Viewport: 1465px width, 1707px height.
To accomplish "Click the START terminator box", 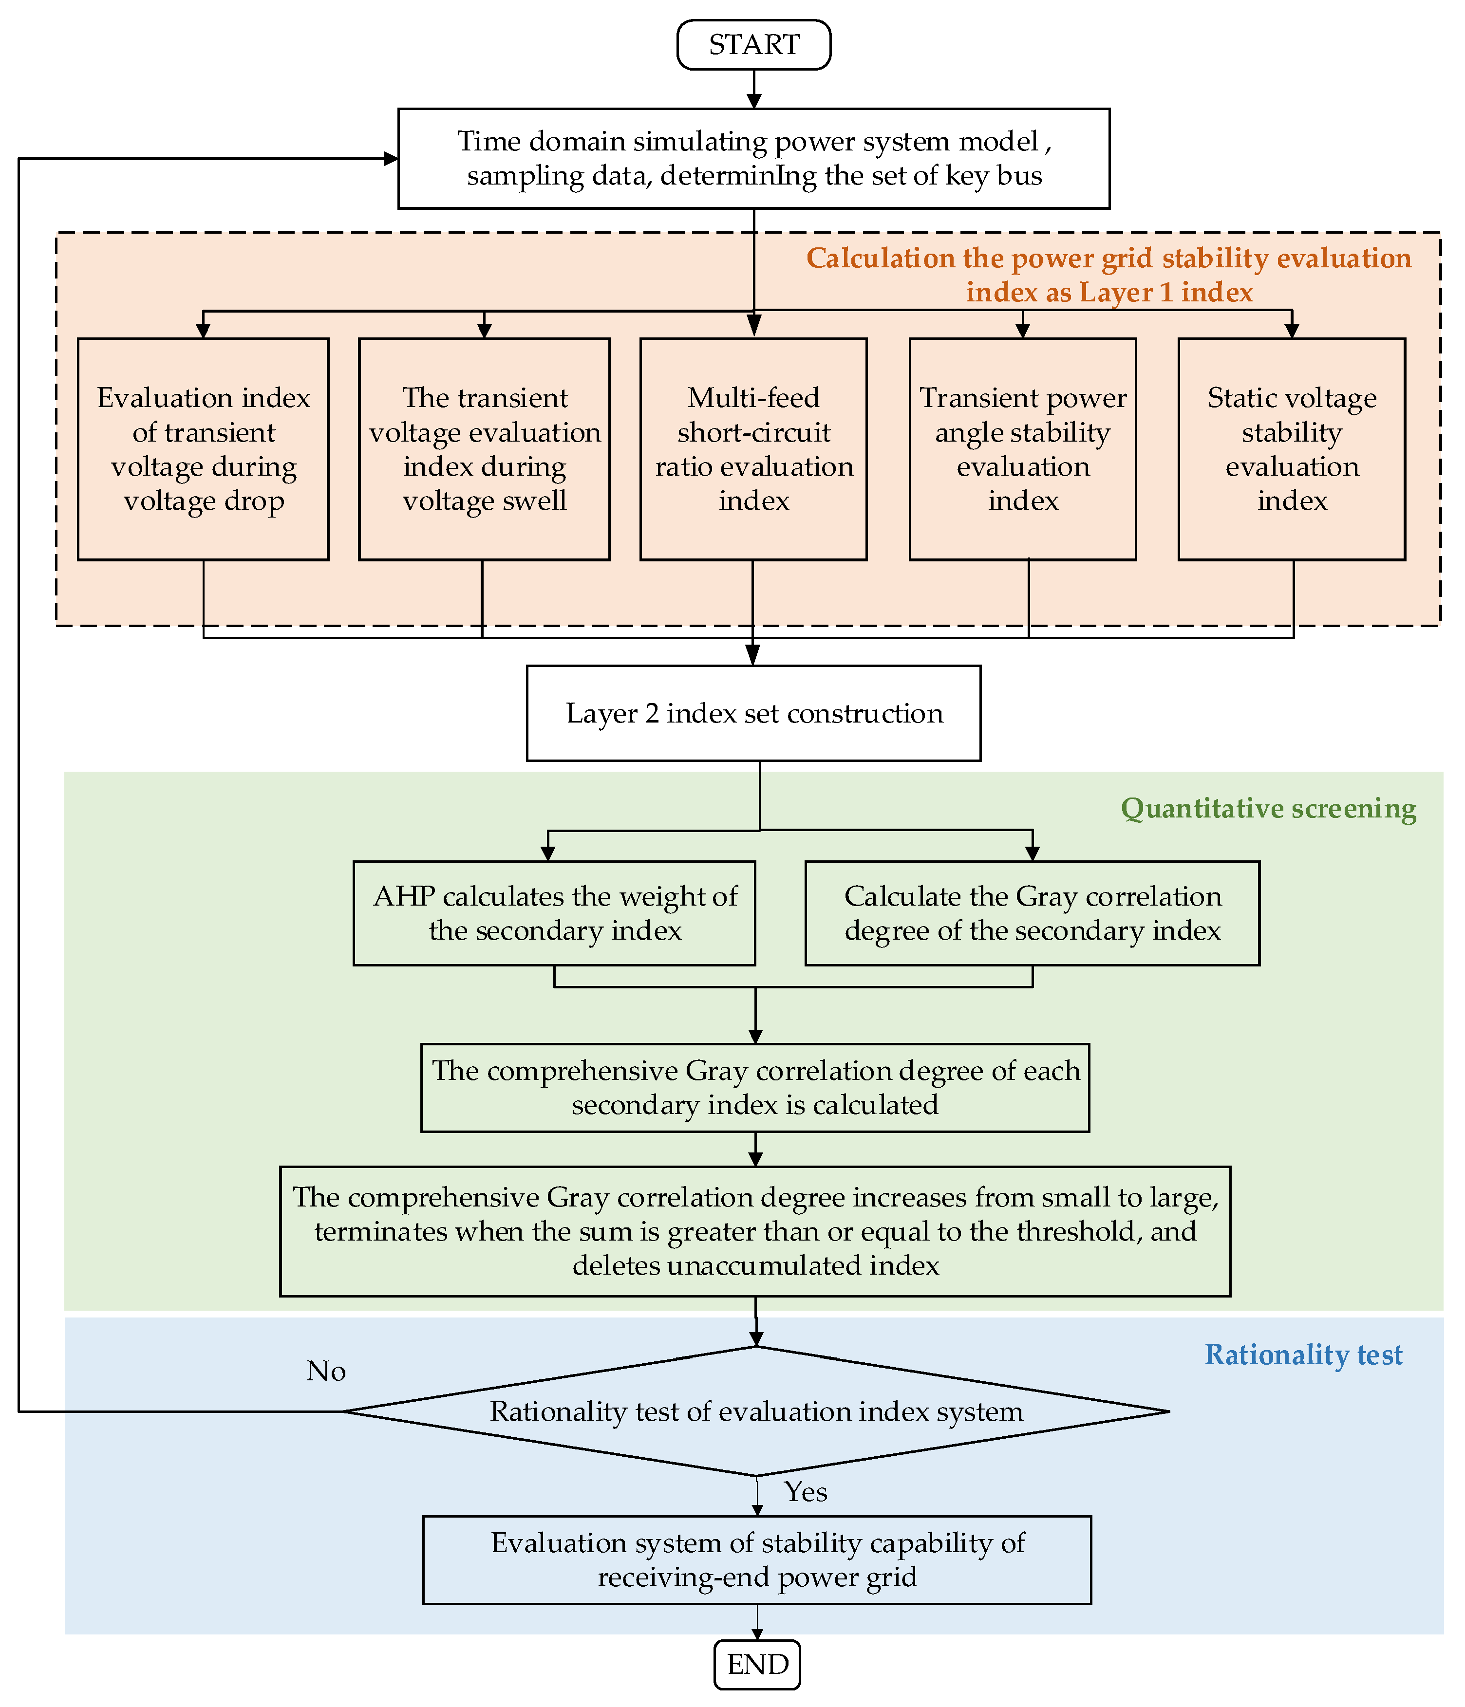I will [753, 44].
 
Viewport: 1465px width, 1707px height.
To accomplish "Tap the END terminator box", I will [756, 1664].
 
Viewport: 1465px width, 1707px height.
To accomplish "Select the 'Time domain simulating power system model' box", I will [753, 158].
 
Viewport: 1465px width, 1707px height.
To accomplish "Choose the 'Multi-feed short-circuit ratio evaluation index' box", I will [753, 449].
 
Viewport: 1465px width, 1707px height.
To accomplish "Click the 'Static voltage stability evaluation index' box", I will [1291, 449].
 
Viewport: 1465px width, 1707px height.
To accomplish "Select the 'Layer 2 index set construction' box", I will [753, 713].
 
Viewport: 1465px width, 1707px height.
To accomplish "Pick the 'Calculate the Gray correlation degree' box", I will [1032, 913].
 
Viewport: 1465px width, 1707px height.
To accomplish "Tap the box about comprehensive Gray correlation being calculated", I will [755, 1088].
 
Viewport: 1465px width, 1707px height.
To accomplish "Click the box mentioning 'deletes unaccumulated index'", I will [755, 1231].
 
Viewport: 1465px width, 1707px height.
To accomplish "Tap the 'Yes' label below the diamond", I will [805, 1492].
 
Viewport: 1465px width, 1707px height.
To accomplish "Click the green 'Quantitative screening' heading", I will [1268, 808].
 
